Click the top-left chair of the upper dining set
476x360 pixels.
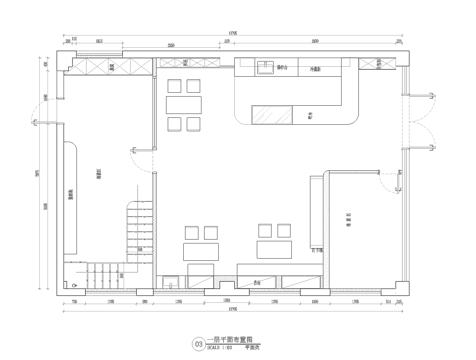[174, 85]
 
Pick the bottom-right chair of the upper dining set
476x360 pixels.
[192, 123]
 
